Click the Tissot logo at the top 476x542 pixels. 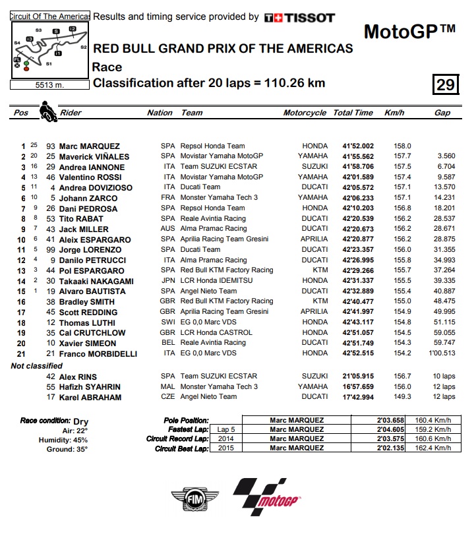pos(299,18)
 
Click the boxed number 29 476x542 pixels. pos(445,84)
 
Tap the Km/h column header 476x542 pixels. pos(394,113)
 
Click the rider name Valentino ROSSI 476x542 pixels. pos(91,177)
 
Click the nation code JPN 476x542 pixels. pos(167,281)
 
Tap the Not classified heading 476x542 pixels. pos(36,366)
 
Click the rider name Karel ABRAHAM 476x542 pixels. pos(90,397)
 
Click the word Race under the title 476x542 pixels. pos(107,67)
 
